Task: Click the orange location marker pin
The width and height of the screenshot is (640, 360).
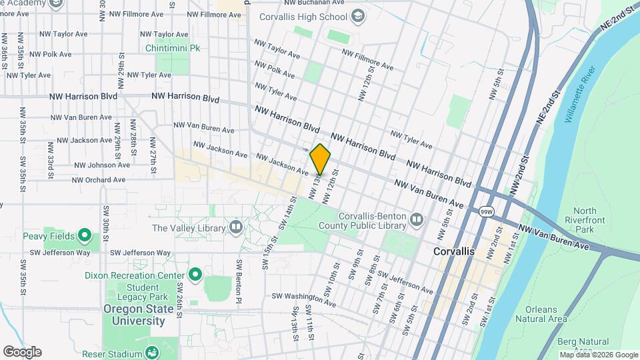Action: click(320, 159)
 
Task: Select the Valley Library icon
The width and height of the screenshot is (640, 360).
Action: click(235, 228)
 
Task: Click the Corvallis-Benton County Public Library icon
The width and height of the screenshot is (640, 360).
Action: click(417, 219)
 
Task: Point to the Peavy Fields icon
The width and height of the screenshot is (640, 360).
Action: click(84, 235)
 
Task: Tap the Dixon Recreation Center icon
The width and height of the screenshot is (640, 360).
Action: click(195, 275)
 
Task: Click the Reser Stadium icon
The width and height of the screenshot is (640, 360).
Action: click(152, 353)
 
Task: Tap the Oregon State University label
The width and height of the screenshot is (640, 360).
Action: click(134, 315)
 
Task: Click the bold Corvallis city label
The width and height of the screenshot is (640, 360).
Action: click(453, 251)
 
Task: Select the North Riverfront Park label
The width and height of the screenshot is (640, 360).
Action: click(584, 221)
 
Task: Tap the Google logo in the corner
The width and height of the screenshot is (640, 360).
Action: click(22, 352)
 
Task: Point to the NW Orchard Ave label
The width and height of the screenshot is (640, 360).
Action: click(99, 179)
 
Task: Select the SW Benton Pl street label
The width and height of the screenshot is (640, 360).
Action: click(237, 280)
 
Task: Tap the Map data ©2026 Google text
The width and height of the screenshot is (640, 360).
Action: click(598, 355)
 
